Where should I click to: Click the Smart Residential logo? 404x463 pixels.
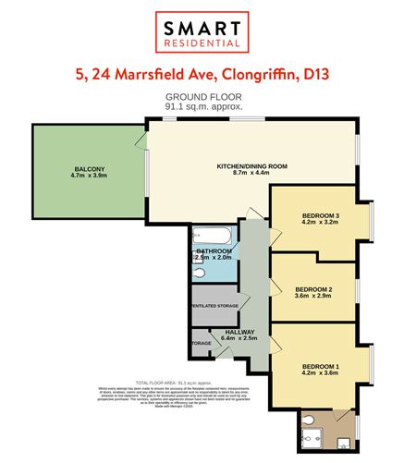(x=202, y=30)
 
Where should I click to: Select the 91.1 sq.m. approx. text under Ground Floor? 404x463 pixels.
(x=202, y=107)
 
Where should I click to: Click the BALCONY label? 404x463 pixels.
(x=90, y=168)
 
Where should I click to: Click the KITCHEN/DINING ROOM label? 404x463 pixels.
(x=251, y=165)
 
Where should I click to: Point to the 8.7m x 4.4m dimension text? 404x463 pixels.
(x=251, y=174)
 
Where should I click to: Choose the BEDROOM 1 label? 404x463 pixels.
(x=321, y=364)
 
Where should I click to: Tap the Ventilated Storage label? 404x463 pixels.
(x=214, y=305)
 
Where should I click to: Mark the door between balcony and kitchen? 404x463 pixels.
(x=144, y=143)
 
